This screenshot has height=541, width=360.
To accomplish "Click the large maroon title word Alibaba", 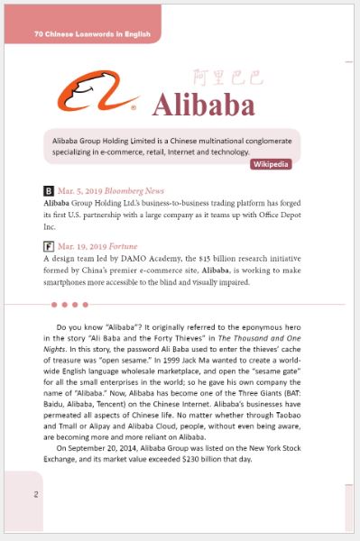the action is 203,105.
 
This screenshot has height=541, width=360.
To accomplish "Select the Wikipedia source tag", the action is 271,164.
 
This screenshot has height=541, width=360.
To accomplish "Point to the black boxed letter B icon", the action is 49,191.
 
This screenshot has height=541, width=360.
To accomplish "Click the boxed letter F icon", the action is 49,246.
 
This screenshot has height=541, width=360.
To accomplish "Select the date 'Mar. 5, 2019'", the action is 79,191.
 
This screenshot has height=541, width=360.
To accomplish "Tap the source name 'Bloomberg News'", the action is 134,191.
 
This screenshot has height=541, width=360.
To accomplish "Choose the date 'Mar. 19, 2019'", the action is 82,246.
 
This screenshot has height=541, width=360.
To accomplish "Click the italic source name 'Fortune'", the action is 125,246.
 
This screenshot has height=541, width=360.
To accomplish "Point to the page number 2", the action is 36,494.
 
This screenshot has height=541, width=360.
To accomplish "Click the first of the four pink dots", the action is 55,305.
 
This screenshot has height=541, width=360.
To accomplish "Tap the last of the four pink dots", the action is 86,305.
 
